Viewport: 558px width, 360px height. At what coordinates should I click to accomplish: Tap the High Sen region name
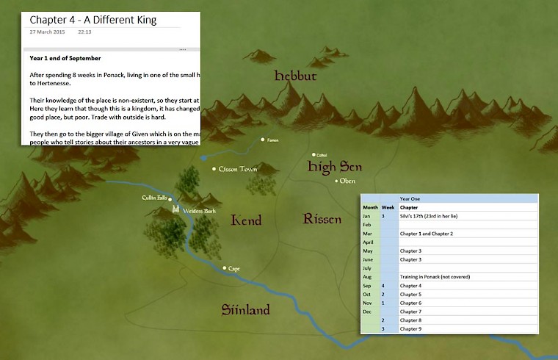[x=334, y=168]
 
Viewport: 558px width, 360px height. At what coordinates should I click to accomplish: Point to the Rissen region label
[x=322, y=219]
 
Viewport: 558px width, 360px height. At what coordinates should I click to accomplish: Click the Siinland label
[x=246, y=309]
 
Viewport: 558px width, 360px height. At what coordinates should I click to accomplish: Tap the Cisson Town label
[x=238, y=170]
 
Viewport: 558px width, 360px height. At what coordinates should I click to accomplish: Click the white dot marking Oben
[x=337, y=181]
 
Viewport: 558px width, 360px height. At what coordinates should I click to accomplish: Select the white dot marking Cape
[x=225, y=269]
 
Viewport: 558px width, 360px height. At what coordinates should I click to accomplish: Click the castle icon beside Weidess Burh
[x=175, y=209]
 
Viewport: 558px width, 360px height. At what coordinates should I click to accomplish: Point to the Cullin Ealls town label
[x=154, y=198]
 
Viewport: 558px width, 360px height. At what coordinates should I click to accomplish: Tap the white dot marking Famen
[x=263, y=139]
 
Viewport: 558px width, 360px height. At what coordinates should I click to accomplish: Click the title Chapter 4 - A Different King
[x=93, y=20]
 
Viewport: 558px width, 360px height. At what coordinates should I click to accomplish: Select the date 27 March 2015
[x=46, y=32]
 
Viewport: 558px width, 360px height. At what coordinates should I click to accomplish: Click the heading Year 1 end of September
[x=65, y=57]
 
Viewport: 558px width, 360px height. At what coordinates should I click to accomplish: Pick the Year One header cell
[x=411, y=198]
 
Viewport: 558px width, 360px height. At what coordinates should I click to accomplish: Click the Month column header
[x=371, y=207]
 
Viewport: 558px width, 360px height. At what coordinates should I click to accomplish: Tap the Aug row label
[x=368, y=277]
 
